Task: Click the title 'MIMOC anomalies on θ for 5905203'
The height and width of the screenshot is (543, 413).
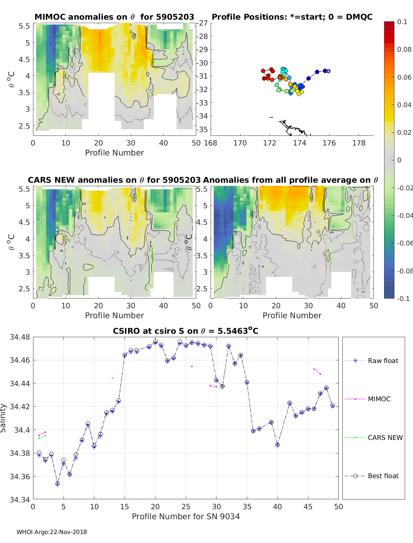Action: click(114, 17)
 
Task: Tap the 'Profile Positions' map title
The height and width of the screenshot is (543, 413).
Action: click(292, 17)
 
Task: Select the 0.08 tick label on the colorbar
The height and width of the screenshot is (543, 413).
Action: click(404, 50)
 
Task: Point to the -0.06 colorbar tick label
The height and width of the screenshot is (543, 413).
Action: click(405, 243)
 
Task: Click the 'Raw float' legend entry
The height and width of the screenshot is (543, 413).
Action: click(383, 361)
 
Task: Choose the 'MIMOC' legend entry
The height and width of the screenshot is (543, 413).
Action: click(379, 399)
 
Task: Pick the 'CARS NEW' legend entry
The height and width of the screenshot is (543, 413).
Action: click(385, 438)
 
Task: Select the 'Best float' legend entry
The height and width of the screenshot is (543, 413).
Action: click(383, 476)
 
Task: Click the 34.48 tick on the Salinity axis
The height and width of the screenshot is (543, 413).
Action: click(20, 337)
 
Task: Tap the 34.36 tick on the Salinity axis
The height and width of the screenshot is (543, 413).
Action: click(20, 476)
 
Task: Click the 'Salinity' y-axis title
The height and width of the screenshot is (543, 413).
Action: click(3, 418)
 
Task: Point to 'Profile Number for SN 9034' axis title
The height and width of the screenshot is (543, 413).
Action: click(186, 516)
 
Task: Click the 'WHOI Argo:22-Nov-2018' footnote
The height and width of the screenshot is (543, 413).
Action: click(52, 532)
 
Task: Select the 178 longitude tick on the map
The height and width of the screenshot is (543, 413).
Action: click(359, 143)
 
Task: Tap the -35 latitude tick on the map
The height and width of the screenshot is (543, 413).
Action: click(203, 130)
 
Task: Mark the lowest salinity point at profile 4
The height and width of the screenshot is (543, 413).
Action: click(57, 484)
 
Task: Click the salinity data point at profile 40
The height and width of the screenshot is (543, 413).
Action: click(277, 445)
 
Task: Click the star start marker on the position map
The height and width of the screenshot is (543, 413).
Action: click(328, 71)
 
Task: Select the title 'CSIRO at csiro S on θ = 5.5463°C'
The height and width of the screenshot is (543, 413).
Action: click(186, 331)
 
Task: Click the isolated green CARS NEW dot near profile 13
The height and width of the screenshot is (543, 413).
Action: click(113, 378)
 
